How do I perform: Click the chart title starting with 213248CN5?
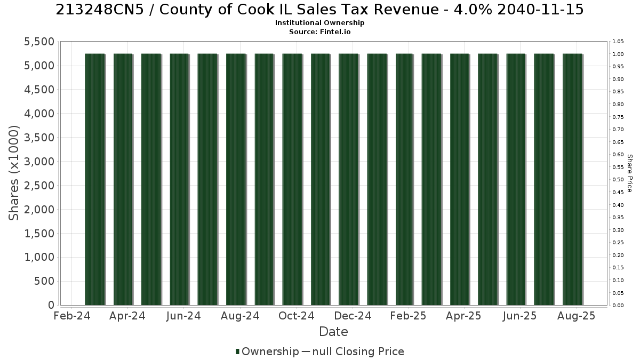pos(319,10)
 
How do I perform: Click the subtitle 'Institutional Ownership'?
pos(319,23)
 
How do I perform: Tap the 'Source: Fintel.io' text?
pos(319,31)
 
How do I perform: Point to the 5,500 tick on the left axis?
pos(39,42)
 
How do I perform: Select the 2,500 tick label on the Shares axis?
pos(39,186)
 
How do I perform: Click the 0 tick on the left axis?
pos(51,305)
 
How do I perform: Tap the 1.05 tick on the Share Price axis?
pos(618,42)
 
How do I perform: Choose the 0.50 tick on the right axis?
pos(618,180)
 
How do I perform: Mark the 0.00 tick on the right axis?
pos(618,306)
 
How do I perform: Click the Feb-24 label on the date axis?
pos(71,316)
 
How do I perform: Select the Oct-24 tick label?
pos(297,316)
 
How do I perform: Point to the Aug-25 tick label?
pos(577,316)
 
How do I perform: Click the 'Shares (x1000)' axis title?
pos(13,173)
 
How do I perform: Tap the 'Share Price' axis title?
pos(630,173)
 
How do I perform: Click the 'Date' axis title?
pos(333,332)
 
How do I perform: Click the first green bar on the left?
pos(95,179)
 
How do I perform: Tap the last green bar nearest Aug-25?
pos(573,179)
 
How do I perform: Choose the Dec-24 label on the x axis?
pos(353,316)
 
